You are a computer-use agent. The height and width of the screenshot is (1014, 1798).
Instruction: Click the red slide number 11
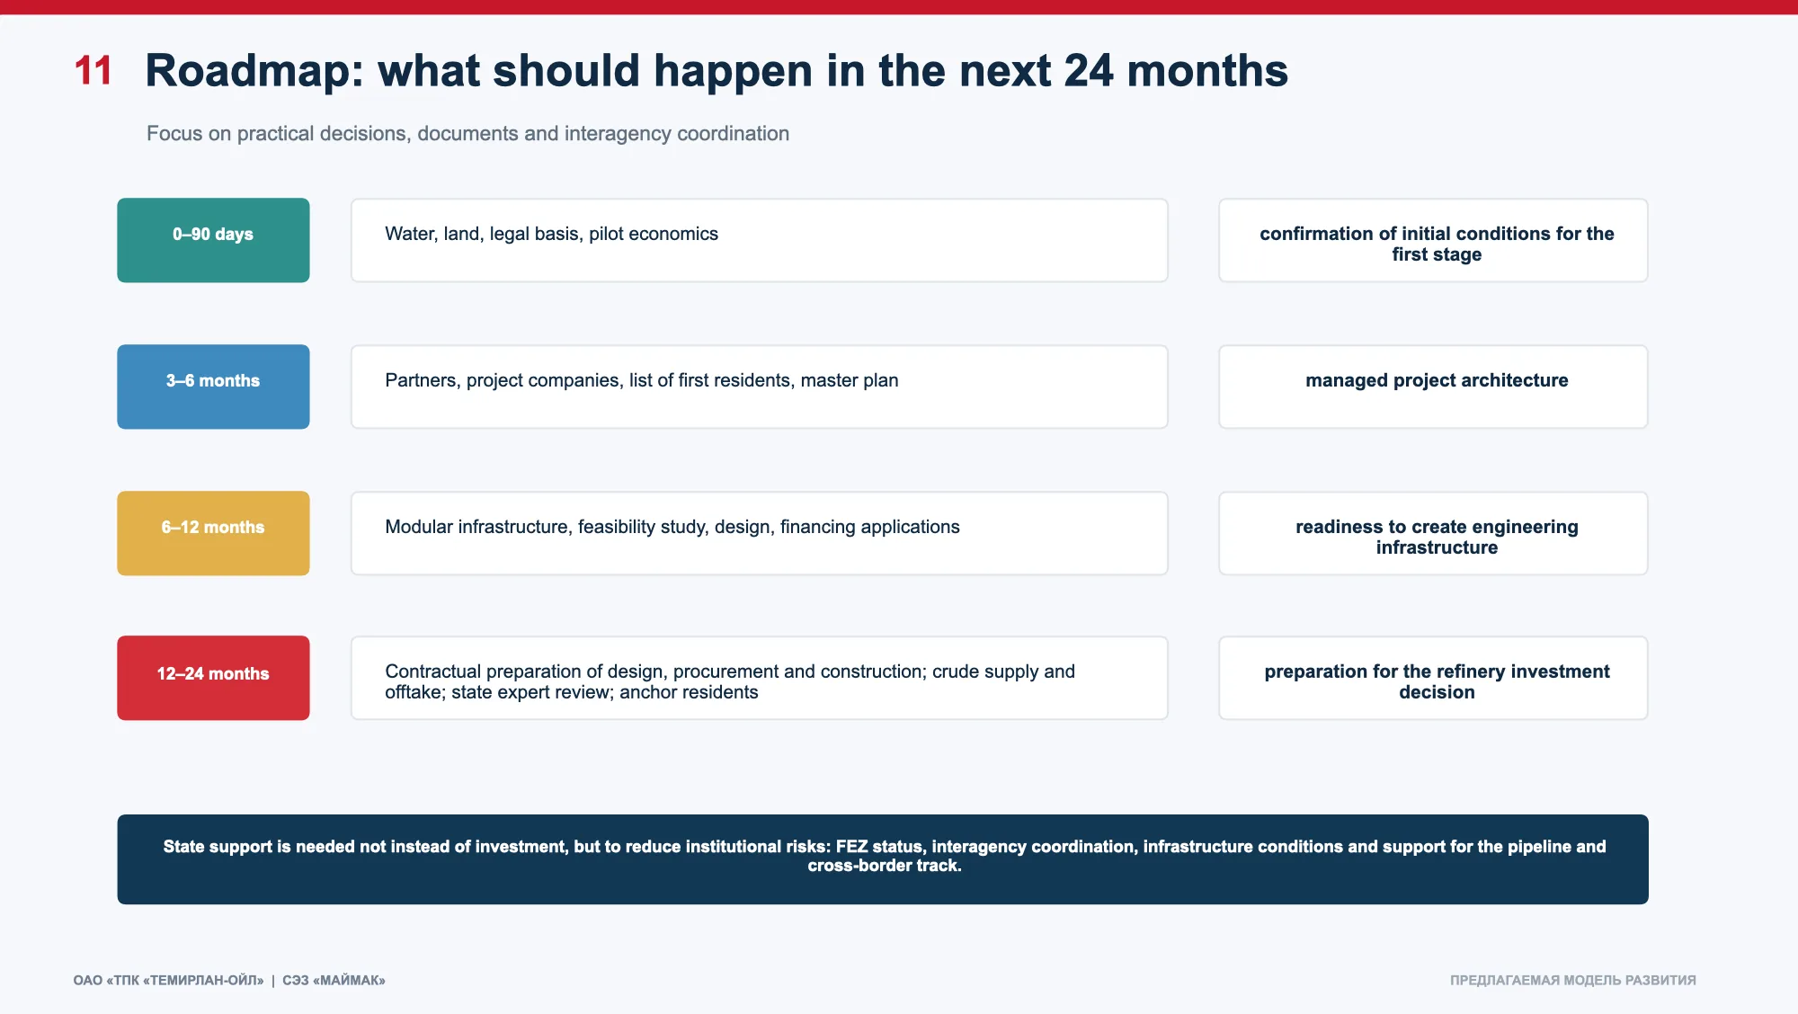(93, 70)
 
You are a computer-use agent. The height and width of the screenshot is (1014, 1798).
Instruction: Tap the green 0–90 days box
(213, 240)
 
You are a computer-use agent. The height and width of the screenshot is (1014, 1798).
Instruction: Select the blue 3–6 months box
(213, 387)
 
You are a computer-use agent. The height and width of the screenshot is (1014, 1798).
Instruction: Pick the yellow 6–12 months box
(213, 533)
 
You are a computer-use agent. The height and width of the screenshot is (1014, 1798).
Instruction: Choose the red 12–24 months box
(213, 678)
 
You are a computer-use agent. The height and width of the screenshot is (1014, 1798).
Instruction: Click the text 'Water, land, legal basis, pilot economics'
(551, 234)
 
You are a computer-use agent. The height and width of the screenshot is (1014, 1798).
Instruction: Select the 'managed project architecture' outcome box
(1433, 387)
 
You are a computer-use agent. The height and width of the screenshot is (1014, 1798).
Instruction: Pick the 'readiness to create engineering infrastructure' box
(1433, 533)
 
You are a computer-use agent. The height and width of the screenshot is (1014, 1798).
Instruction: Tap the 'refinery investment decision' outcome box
(1433, 678)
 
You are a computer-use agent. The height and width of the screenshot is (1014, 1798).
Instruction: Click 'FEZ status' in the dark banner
(878, 847)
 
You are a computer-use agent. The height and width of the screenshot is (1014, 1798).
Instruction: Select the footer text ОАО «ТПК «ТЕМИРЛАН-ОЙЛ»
(168, 980)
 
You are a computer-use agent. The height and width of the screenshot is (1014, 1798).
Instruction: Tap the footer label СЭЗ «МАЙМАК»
(334, 980)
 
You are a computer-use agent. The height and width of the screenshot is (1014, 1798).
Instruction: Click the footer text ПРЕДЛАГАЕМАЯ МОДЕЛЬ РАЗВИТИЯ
(1572, 980)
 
